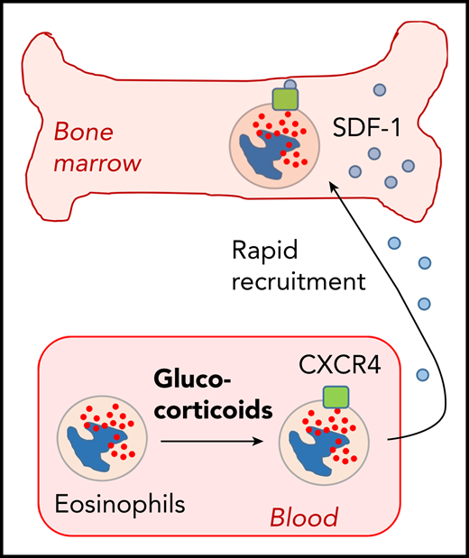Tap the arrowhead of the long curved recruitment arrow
pyautogui.click(x=330, y=183)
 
